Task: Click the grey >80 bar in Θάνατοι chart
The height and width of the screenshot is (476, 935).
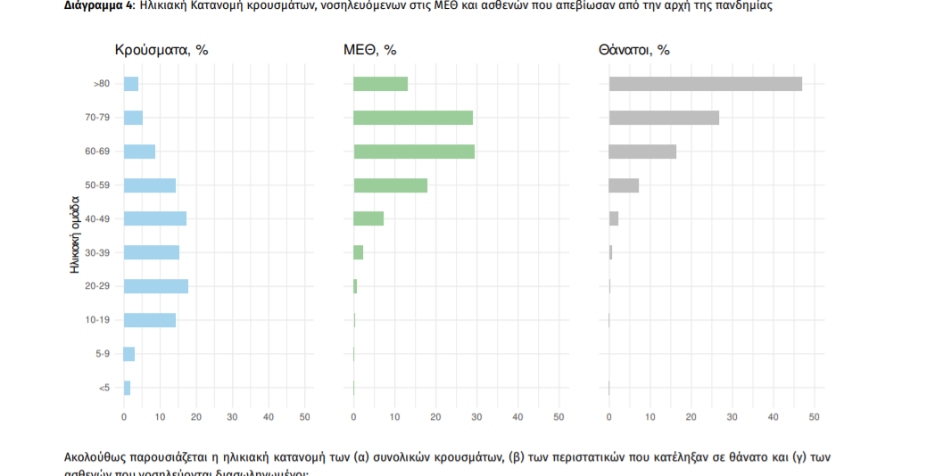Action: tap(705, 84)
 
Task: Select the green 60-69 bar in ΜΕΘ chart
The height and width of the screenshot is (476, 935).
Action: tap(414, 152)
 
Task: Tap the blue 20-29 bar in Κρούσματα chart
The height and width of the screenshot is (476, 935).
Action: tap(156, 286)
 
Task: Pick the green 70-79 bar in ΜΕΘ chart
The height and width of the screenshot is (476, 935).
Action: tap(413, 118)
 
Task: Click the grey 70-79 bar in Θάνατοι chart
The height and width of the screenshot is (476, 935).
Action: tap(664, 118)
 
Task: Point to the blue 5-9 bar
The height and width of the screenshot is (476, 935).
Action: tap(129, 354)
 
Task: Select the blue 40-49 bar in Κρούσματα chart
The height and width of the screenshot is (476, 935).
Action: tap(155, 218)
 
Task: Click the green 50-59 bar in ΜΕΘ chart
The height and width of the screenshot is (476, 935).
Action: tap(390, 185)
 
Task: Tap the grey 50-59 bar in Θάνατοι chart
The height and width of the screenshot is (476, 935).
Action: tap(624, 185)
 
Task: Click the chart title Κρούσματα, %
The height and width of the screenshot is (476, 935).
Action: tap(161, 50)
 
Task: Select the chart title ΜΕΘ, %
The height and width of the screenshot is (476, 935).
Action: tap(369, 50)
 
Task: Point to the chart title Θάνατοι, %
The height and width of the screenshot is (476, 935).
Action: tap(633, 50)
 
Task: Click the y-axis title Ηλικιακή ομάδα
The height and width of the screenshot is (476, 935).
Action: tap(76, 234)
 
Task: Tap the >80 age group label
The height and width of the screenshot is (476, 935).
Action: tap(101, 84)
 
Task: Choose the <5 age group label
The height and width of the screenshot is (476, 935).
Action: tap(103, 388)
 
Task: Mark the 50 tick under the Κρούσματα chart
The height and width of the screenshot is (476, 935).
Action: tap(304, 416)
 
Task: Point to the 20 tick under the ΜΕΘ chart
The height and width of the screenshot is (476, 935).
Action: tap(435, 416)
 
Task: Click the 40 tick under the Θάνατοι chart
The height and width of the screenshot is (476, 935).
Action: tap(774, 416)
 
